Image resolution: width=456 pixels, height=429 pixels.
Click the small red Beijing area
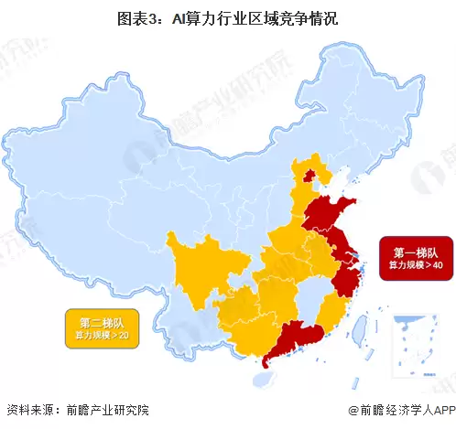[309, 175]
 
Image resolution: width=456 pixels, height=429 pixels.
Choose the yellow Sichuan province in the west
[197, 261]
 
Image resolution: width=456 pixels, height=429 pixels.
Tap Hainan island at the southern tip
[266, 363]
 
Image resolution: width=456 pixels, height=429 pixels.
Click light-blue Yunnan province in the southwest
[197, 320]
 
